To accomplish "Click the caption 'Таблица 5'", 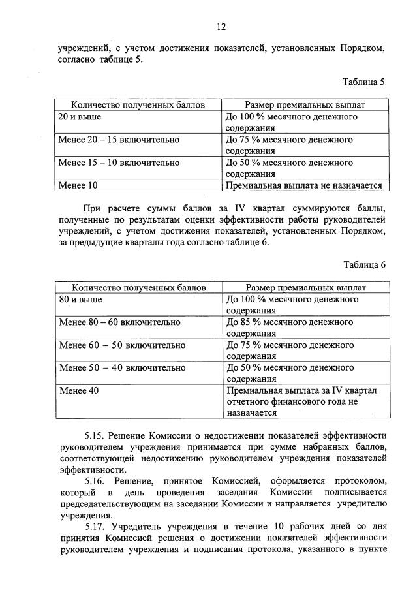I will pos(364,82).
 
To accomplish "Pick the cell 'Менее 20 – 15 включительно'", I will pos(119,140).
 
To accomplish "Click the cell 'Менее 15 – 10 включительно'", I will pos(119,163).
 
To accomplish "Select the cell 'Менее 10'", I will pos(78,185).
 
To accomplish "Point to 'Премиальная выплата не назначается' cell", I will pos(303,185).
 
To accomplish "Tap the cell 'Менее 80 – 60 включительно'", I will pos(119,322).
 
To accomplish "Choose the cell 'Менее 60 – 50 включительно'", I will pos(121,345).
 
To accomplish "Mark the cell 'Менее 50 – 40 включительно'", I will pos(121,367).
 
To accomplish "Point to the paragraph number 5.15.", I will pos(94,434).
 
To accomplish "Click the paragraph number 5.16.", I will pos(94,480).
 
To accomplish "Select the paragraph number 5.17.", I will pos(94,526).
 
